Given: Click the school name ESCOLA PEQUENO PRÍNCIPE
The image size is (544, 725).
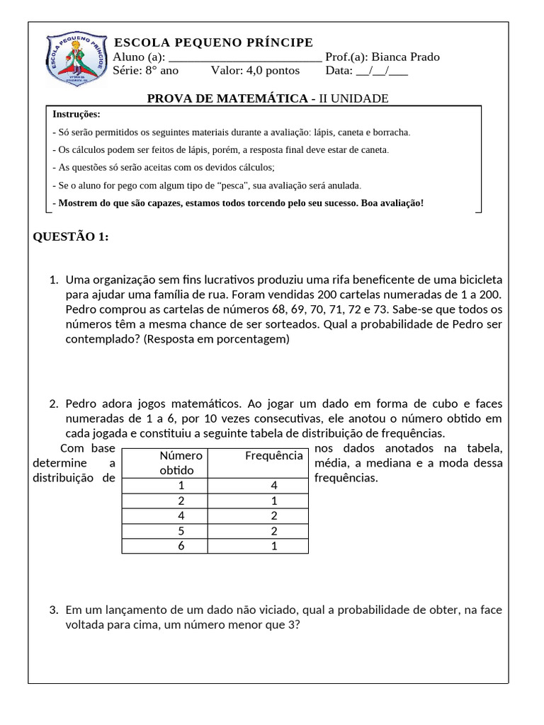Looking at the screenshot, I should click(213, 42).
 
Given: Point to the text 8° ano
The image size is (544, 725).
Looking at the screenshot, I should click(162, 71).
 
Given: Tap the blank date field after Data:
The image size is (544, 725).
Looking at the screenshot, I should click(382, 71).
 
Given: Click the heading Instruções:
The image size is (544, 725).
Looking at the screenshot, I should click(76, 114).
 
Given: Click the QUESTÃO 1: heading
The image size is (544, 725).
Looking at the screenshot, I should click(71, 236).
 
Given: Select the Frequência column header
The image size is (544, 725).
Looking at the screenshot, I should click(273, 456).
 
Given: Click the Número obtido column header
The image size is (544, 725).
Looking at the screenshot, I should click(181, 463).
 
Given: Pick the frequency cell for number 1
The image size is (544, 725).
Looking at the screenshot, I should click(273, 486).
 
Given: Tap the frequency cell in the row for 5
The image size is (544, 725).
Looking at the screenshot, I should click(273, 531).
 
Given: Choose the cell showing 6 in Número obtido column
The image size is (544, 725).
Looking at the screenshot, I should click(181, 546).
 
